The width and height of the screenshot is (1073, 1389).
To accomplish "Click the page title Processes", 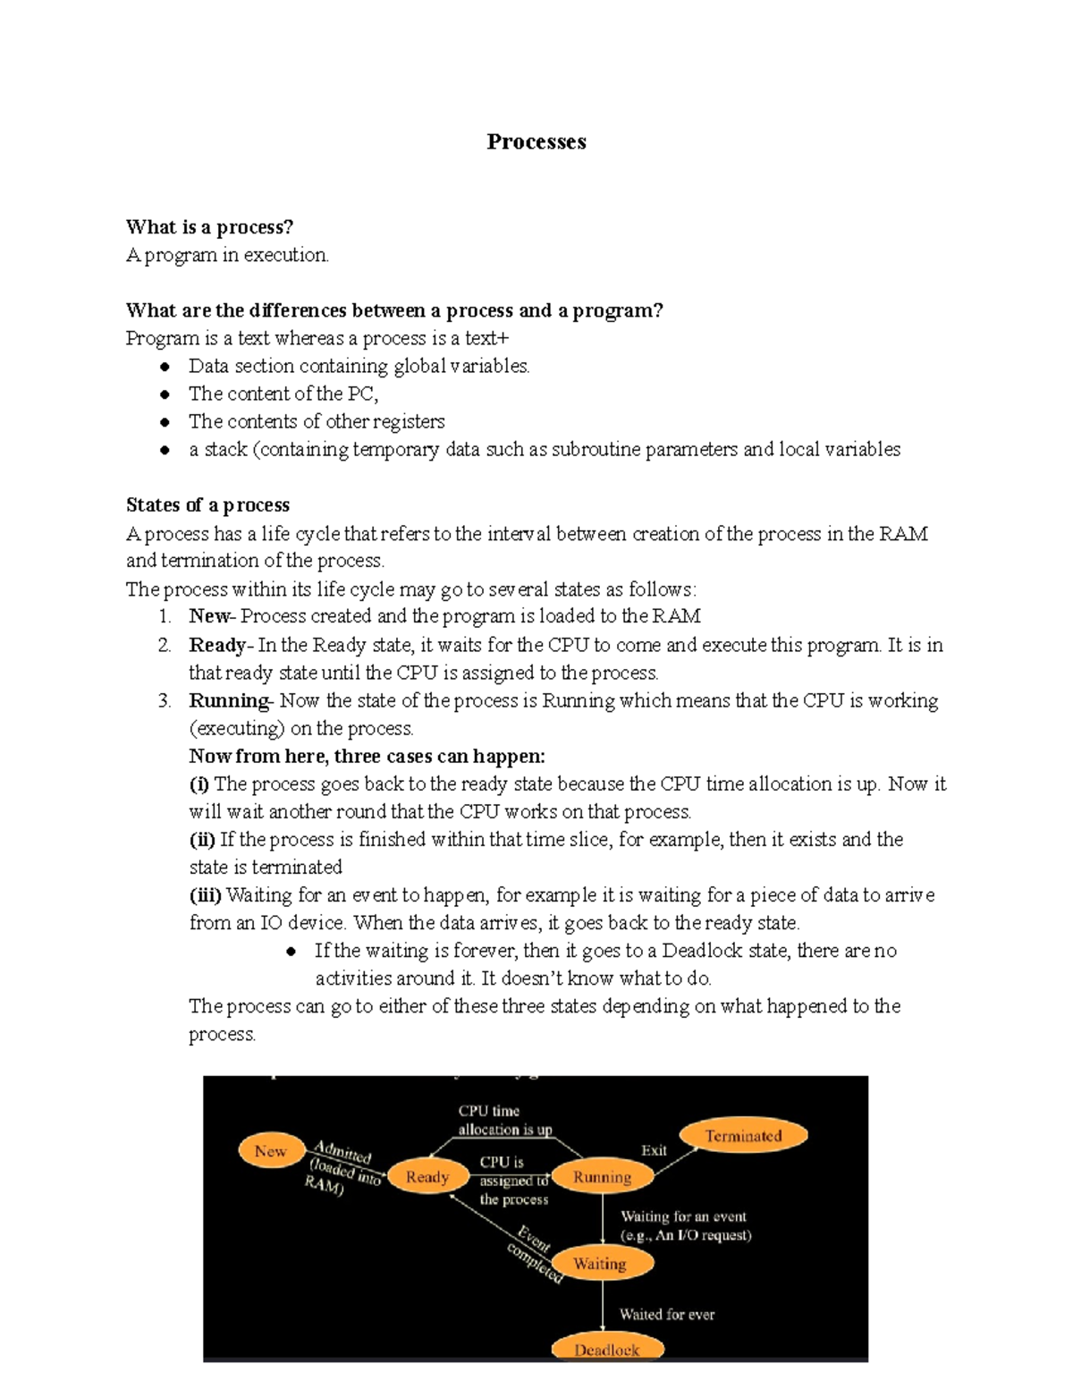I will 536,141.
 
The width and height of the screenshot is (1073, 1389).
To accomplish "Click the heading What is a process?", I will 209,227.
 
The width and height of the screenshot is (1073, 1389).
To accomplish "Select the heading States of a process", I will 207,505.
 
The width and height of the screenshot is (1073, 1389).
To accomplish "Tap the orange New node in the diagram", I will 270,1151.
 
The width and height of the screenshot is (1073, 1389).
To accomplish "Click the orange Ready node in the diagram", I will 427,1177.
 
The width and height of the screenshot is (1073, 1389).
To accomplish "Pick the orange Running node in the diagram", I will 602,1177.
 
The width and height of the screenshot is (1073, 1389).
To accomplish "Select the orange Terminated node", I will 743,1136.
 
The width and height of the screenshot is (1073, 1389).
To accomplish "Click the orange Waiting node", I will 599,1264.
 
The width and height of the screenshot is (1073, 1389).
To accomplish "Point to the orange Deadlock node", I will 606,1349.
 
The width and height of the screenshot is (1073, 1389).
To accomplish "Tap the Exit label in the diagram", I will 654,1150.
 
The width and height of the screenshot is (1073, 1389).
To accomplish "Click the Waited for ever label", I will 667,1314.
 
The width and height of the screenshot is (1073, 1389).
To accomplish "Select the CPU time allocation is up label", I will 504,1120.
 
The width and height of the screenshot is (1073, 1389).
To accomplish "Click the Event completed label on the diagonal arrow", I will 534,1256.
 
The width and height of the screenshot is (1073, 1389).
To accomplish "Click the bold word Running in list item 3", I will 229,700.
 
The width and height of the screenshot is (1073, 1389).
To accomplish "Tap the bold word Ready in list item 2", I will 217,645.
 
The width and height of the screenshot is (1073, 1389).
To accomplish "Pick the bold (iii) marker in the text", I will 205,894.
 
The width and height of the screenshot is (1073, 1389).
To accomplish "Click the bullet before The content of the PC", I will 165,394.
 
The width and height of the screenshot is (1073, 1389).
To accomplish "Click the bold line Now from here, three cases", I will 367,756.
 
